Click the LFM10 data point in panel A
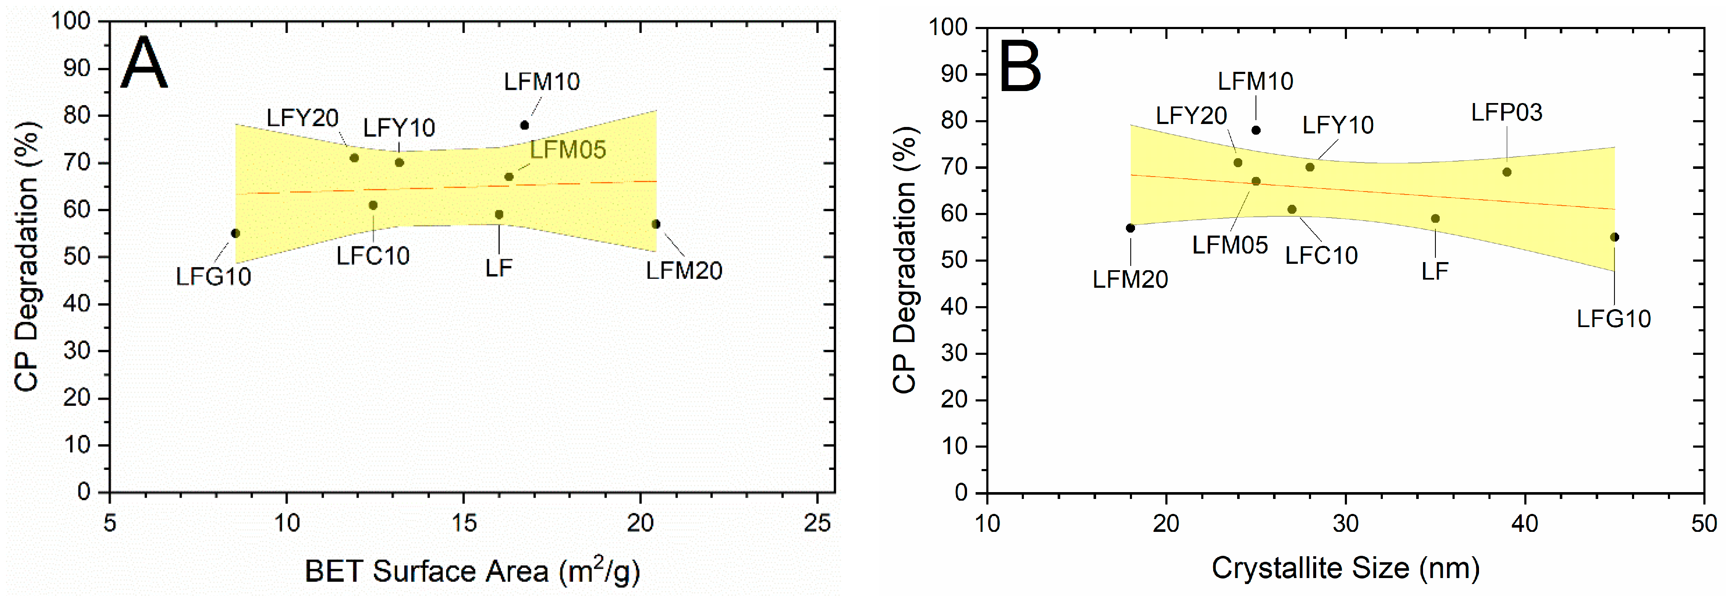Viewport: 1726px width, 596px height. [x=525, y=125]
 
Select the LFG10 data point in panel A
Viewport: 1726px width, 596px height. [x=235, y=233]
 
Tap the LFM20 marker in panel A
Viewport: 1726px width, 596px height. [x=656, y=224]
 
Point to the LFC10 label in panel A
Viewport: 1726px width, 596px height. [x=373, y=255]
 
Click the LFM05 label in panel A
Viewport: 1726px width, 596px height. [x=567, y=150]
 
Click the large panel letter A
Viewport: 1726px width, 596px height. [x=144, y=63]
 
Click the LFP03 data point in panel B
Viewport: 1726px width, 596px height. [x=1507, y=172]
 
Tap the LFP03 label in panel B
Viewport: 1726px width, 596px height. [x=1506, y=112]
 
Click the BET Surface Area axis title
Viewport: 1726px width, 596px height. [x=472, y=570]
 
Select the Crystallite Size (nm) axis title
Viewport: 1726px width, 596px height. [x=1345, y=568]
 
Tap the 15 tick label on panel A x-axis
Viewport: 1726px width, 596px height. [x=464, y=523]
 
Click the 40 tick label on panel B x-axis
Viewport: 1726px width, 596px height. [x=1525, y=523]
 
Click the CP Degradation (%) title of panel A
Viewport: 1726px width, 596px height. [x=27, y=257]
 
